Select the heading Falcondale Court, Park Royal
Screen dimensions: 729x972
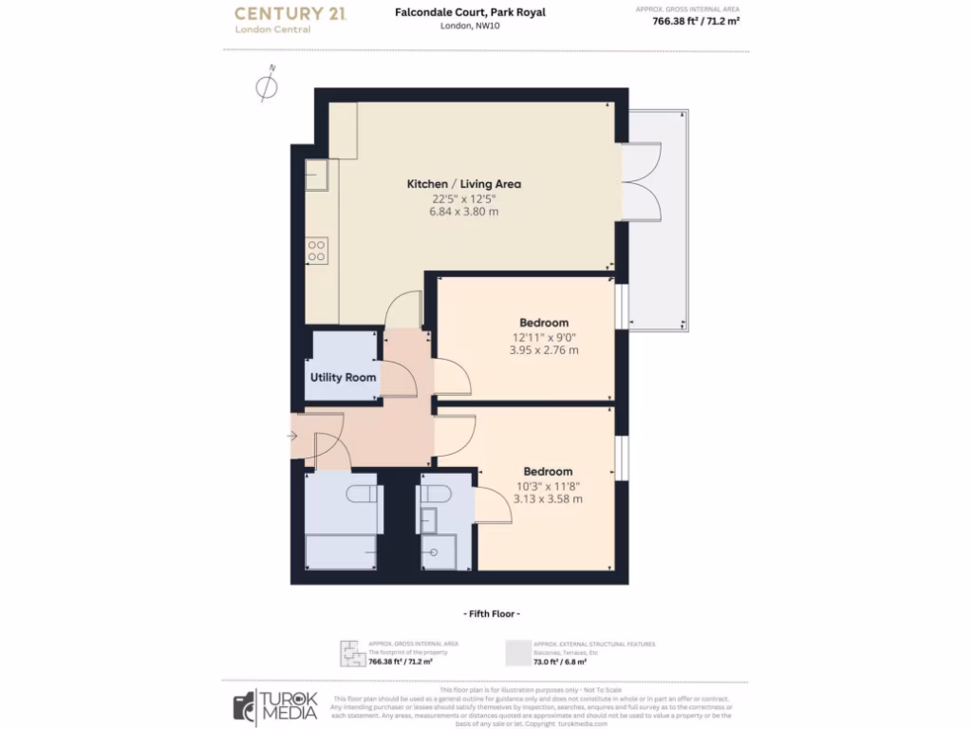[470, 12]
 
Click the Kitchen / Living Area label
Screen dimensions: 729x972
[463, 184]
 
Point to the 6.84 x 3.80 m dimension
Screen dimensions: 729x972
[463, 212]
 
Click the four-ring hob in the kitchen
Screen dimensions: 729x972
[317, 251]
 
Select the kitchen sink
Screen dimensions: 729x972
[316, 174]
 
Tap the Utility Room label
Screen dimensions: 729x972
[343, 378]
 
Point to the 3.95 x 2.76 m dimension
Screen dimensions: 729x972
[544, 350]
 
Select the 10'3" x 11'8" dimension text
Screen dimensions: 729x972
[548, 486]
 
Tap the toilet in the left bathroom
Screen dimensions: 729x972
[361, 495]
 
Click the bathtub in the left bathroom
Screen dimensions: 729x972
[341, 551]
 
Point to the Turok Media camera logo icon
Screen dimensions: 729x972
[244, 708]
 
